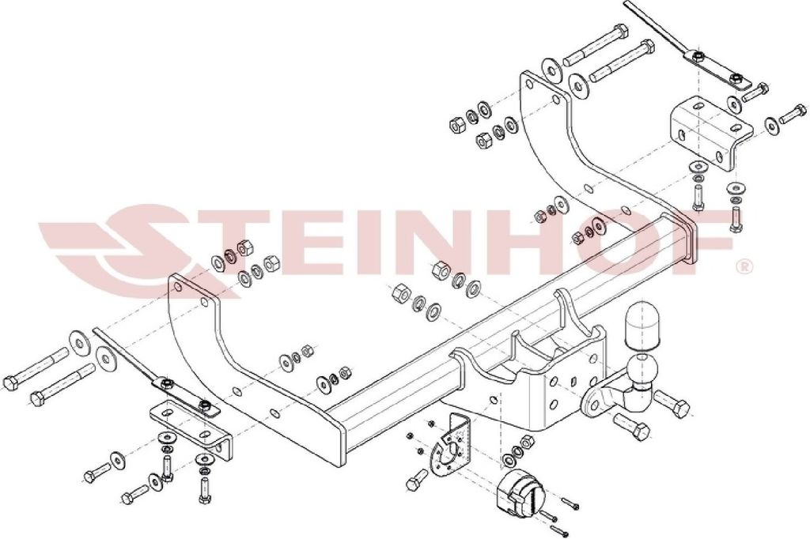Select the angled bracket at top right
(710, 132)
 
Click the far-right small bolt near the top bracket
(793, 113)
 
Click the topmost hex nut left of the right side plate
(457, 123)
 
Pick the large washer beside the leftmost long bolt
(79, 341)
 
